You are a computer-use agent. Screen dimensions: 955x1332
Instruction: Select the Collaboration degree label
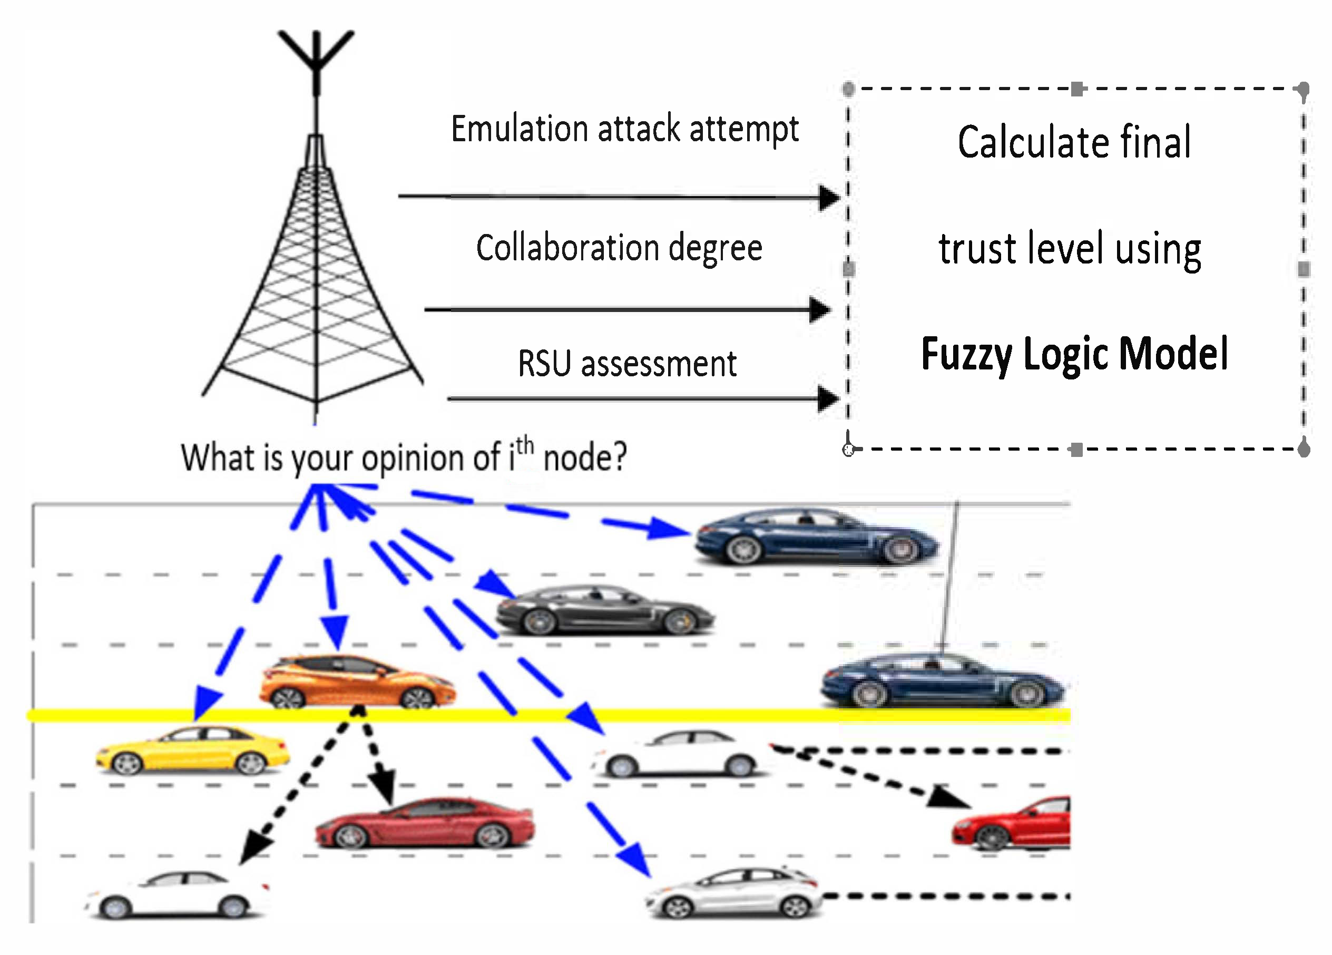(619, 248)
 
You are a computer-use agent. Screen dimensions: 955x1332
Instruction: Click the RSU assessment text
(626, 364)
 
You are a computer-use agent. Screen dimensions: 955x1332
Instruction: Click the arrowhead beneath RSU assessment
(828, 399)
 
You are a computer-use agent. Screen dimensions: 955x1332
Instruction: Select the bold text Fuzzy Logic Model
(1074, 354)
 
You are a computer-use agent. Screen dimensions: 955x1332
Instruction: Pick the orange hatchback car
(357, 681)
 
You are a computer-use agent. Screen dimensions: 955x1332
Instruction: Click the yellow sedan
(193, 751)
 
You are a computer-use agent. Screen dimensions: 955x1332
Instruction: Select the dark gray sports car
(605, 611)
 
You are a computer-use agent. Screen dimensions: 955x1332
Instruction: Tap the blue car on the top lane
(816, 538)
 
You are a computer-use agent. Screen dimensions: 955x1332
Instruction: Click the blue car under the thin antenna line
(943, 681)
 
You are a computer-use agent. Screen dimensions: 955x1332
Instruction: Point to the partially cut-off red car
(1013, 824)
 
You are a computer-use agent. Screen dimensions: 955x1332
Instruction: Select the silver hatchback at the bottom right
(733, 893)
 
